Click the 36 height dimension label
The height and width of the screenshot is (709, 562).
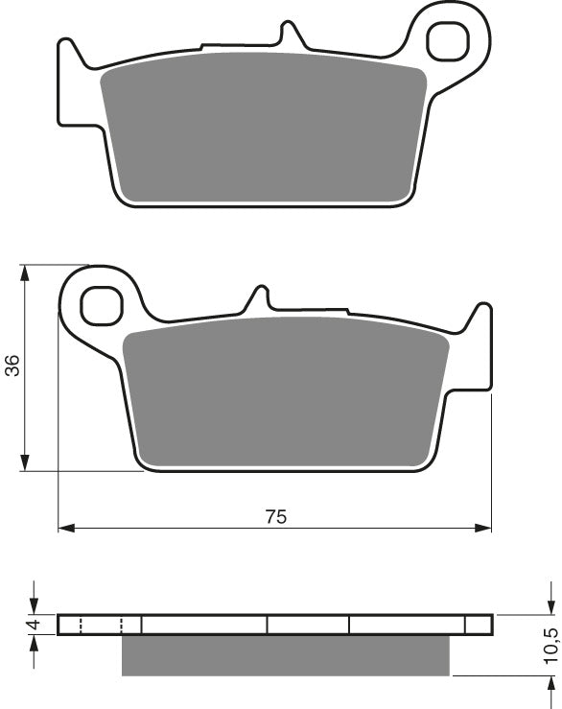12,366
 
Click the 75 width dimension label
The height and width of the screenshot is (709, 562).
275,516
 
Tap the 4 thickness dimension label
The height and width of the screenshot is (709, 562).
32,626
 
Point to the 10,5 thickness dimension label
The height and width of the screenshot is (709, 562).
550,646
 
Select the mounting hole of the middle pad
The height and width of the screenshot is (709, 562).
100,305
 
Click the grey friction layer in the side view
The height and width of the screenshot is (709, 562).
285,655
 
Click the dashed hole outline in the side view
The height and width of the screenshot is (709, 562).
101,626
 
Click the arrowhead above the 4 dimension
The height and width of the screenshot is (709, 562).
35,606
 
